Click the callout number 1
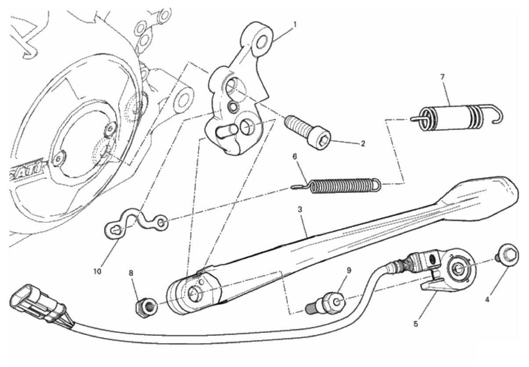click(294, 25)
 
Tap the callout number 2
click(363, 143)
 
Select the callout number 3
click(300, 209)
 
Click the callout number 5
click(416, 324)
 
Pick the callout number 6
click(295, 156)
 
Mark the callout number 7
click(442, 77)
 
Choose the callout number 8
click(131, 273)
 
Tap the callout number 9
click(349, 270)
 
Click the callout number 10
click(97, 272)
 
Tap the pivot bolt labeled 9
click(326, 304)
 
